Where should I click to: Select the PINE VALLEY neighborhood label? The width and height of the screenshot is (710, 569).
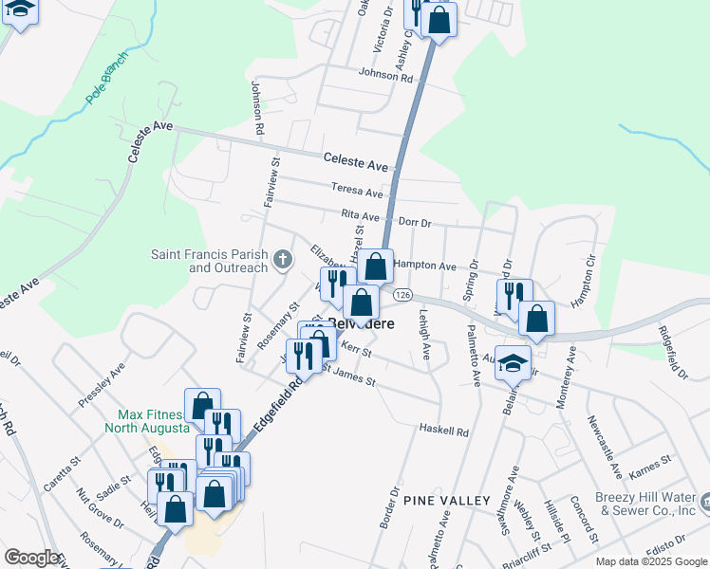(446, 500)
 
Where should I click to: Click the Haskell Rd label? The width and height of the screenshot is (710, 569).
(444, 431)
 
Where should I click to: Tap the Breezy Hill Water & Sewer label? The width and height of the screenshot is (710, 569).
(645, 504)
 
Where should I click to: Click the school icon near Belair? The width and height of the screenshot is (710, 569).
(514, 364)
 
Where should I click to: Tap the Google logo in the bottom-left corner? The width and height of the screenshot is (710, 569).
(31, 558)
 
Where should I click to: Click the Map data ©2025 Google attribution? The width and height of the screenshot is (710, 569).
(650, 561)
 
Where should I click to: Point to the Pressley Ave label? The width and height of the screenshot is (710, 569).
(103, 384)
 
